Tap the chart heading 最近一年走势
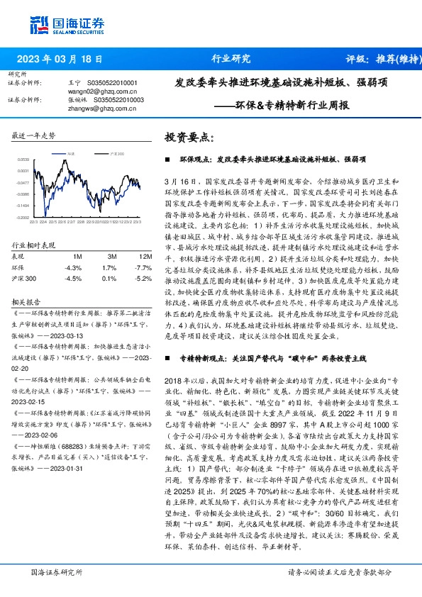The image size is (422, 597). click(34, 134)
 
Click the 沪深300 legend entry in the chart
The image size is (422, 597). click(116, 153)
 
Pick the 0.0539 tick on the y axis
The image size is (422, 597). click(23, 160)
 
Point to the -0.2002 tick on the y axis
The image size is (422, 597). click(23, 218)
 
